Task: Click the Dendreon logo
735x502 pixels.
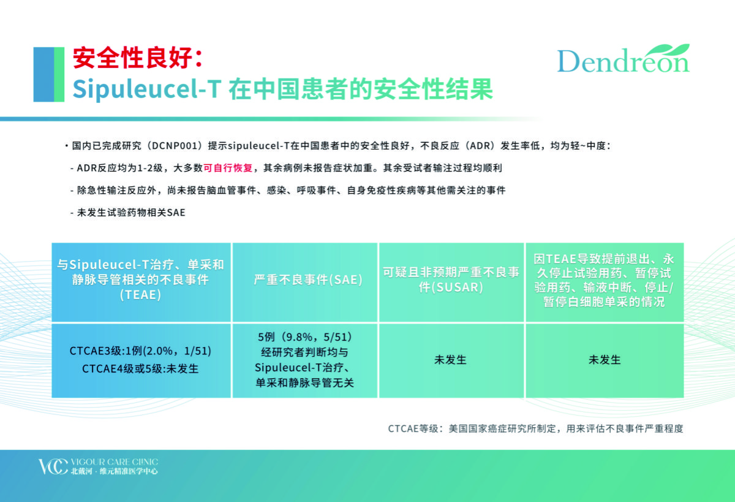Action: coord(623,58)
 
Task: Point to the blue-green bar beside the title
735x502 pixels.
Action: coord(49,75)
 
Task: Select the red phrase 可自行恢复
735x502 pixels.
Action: coord(228,168)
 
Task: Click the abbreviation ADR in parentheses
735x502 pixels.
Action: coord(480,146)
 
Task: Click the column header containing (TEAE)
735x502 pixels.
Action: coord(140,280)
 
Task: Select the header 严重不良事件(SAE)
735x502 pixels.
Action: coord(307,280)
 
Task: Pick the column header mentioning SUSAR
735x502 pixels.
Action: coord(451,280)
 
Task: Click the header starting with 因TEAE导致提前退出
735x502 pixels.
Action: coord(604,280)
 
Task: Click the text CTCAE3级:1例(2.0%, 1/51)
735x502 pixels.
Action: coord(140,351)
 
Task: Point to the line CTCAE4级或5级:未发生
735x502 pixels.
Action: coord(140,369)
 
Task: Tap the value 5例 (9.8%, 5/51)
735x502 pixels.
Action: coord(304,337)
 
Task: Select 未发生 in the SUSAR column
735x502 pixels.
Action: coord(450,360)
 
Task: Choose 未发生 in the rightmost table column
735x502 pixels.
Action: coord(605,360)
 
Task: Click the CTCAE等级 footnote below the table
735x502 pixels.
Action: coord(535,429)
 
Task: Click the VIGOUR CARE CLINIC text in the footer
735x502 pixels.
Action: coord(114,462)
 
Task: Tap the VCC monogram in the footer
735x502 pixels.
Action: coord(53,466)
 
